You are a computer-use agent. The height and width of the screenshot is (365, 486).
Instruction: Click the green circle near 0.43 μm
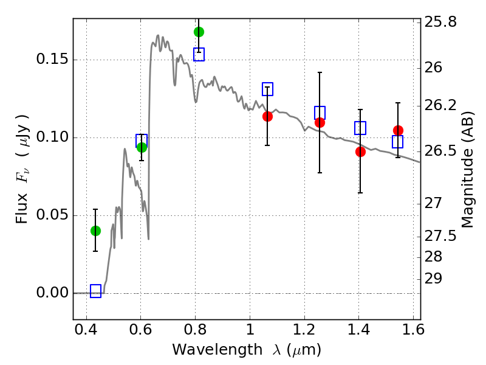95,231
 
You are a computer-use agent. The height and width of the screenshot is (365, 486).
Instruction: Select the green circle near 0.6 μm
142,147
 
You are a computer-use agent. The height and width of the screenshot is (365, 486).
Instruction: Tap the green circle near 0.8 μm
199,32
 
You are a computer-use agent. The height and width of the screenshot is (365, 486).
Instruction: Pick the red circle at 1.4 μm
360,151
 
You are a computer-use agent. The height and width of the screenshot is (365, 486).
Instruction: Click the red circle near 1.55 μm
398,130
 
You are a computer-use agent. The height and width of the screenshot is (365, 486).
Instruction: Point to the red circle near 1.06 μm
267,116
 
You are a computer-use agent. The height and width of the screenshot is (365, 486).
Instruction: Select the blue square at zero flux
95,291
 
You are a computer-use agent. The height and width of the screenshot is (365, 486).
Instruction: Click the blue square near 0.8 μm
199,54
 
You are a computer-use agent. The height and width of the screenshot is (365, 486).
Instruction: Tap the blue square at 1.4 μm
360,128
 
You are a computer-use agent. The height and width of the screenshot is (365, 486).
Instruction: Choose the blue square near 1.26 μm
320,113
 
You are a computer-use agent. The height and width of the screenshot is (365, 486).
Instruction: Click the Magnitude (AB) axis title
467,169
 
